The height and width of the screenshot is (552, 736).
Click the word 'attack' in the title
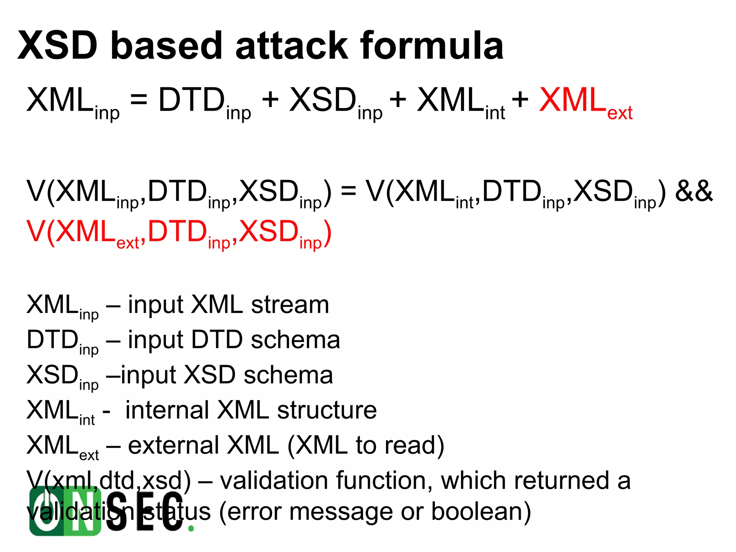(x=292, y=46)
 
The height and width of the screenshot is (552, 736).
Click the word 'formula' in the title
(x=432, y=46)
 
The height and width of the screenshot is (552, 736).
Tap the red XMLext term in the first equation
(x=585, y=102)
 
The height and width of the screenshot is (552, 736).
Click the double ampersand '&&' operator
(x=694, y=191)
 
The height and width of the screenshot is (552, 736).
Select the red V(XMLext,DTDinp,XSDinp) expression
(x=179, y=233)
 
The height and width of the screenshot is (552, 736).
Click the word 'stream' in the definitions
(x=290, y=305)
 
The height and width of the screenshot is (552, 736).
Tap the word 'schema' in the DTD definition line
(x=295, y=340)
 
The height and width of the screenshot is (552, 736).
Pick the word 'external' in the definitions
(x=174, y=445)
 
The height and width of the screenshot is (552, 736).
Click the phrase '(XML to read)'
(x=365, y=446)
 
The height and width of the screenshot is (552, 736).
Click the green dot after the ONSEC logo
(x=191, y=528)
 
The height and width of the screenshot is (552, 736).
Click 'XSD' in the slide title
(x=58, y=46)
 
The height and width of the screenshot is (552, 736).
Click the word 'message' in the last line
(x=341, y=512)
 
